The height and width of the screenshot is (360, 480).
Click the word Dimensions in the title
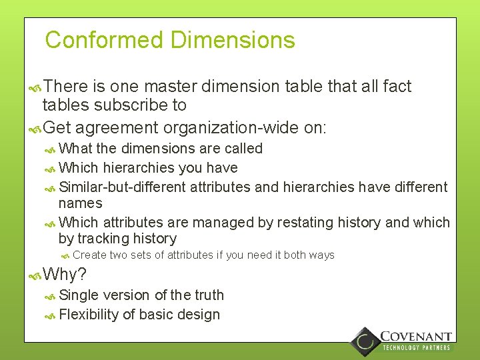tap(233, 40)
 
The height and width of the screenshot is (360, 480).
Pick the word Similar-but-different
tap(123, 187)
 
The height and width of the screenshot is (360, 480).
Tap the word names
tap(81, 203)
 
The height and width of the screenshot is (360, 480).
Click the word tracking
tap(107, 239)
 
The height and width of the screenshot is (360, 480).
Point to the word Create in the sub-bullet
tap(89, 255)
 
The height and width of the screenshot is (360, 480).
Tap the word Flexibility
tap(89, 315)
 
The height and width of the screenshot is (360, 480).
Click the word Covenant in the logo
tap(416, 337)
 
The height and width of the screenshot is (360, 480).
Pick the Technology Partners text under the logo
tap(416, 347)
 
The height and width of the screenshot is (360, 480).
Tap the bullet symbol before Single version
tap(50, 296)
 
